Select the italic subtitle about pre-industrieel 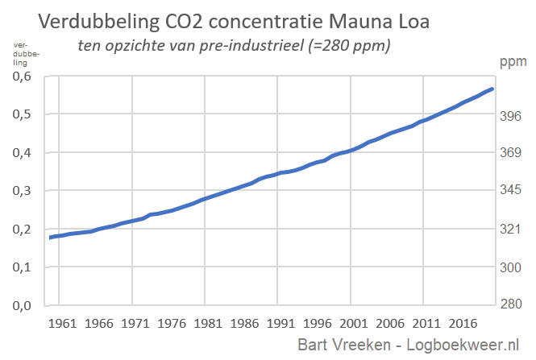tap(234, 46)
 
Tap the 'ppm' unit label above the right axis tap(512, 61)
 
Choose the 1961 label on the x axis tap(62, 324)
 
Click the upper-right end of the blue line tap(492, 89)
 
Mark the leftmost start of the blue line tap(51, 238)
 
